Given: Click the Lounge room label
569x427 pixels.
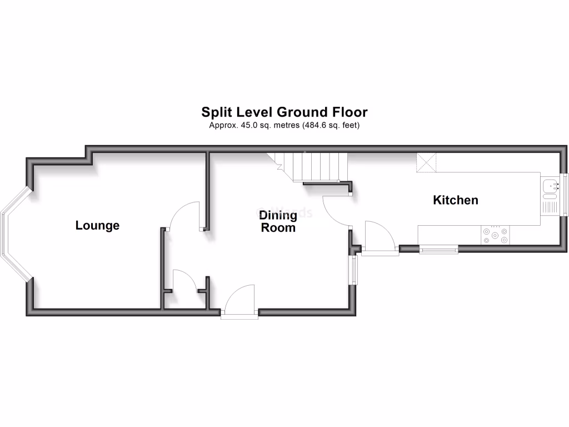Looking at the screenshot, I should coord(97,226).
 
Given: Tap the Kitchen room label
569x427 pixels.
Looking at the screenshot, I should coord(455,200).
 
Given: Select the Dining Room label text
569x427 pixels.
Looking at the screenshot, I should coord(278,221).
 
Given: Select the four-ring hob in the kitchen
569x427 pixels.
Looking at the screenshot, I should coord(495,235).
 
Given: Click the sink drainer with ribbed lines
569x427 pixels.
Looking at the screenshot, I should coord(551,207).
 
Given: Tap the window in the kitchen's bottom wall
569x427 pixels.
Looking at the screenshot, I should coord(438,250).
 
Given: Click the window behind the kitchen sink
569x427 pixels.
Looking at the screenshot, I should coord(566,193).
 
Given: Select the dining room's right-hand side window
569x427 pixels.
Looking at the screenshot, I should coord(353,270).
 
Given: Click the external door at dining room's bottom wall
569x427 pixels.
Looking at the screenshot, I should coord(240,303).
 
